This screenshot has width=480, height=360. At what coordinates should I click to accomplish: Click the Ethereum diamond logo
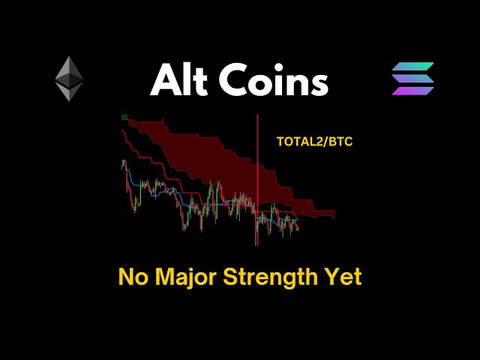click(69, 78)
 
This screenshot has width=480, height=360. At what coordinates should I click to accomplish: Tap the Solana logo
click(412, 79)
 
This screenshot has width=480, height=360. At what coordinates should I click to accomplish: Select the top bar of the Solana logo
click(412, 67)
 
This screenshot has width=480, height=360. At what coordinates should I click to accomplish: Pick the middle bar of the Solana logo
click(412, 79)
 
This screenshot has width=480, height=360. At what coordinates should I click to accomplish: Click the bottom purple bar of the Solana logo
click(412, 91)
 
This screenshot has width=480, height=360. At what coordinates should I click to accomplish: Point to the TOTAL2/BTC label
click(314, 140)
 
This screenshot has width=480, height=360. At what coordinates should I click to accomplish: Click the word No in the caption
click(132, 277)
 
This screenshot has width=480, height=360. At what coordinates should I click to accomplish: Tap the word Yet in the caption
click(344, 277)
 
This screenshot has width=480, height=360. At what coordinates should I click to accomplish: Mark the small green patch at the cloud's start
click(125, 118)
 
